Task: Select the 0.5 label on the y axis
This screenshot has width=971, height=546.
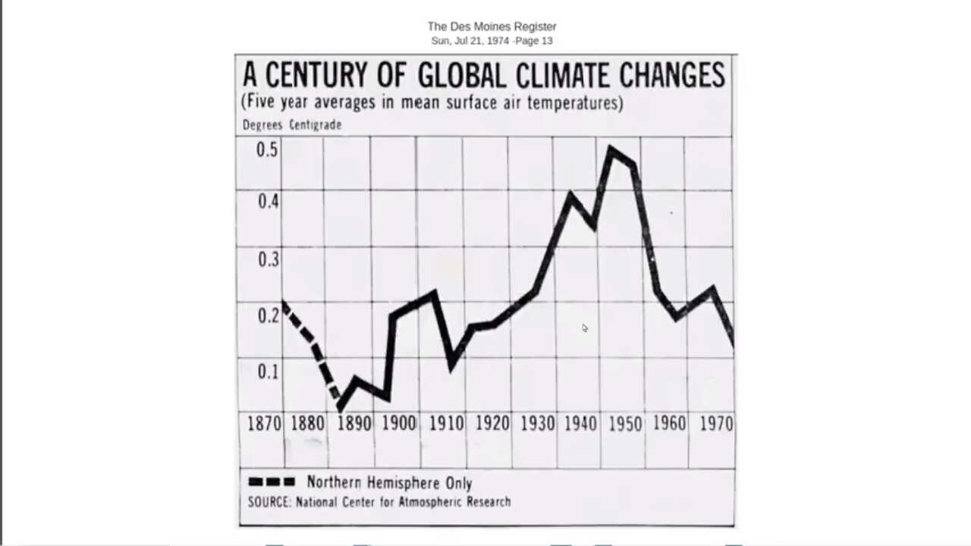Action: coord(267,149)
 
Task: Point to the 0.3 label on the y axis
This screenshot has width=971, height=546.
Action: coord(267,259)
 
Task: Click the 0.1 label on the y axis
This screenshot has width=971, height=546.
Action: coord(267,372)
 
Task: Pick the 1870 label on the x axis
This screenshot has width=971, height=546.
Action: coord(264,423)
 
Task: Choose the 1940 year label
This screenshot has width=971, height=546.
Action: coord(580,423)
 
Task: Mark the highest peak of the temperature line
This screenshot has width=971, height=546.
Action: coord(611,149)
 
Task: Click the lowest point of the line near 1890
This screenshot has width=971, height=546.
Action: coord(340,408)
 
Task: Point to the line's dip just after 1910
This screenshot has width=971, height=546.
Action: coord(453,366)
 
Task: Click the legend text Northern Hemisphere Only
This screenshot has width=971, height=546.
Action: coord(389,482)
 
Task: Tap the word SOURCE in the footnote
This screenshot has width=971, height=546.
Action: coord(269,502)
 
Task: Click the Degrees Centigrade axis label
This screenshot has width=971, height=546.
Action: coord(292,125)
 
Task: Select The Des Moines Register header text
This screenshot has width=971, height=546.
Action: coord(492,27)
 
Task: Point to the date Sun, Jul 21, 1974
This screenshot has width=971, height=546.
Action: coord(470,41)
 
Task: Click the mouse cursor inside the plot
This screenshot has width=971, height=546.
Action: coord(584,328)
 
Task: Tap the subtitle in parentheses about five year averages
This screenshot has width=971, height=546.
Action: coord(432,102)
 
